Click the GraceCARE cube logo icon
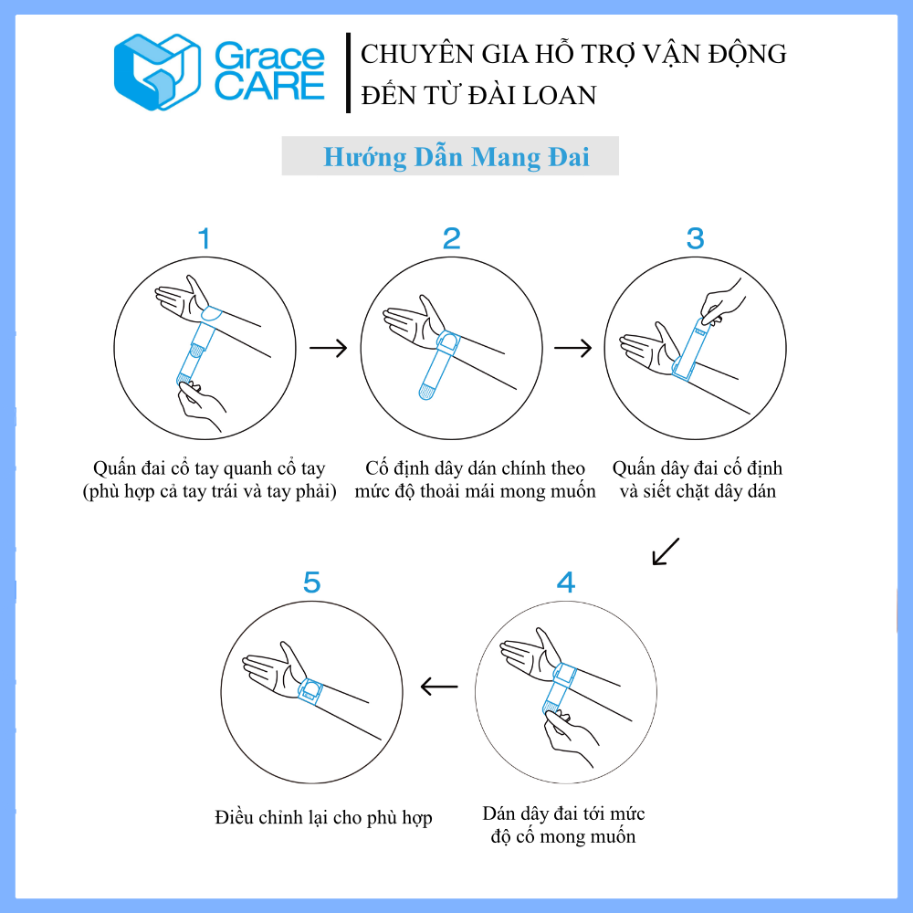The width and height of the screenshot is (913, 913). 157,72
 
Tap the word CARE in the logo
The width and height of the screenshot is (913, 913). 269,86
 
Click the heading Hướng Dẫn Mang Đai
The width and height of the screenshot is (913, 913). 456,157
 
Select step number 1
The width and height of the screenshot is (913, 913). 204,238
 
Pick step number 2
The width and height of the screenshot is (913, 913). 451,238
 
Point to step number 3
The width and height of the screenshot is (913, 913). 695,238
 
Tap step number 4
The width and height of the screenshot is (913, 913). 566,582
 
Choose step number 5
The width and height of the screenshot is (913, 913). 311,582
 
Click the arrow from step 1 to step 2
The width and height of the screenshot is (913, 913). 329,348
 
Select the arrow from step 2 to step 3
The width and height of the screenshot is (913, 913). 573,348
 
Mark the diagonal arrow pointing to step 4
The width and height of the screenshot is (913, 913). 666,551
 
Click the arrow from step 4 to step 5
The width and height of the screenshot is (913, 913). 439,687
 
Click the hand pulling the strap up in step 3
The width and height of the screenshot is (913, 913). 722,302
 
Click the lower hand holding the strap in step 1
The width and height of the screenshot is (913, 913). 202,405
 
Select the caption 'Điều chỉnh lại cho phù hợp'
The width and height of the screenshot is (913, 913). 324,817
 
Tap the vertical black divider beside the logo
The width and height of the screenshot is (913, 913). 348,72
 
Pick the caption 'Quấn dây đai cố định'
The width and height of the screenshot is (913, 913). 697,467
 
